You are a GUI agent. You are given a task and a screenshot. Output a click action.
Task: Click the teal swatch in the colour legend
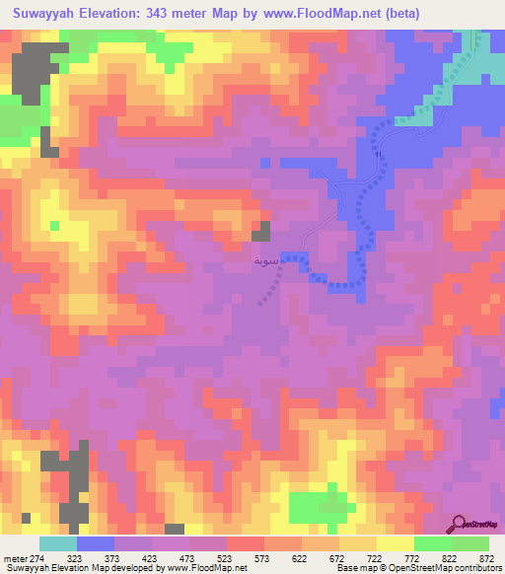coord(57,543)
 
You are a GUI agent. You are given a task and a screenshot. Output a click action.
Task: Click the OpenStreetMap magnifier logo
coord(461,524)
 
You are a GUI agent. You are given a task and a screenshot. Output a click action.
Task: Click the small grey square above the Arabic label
coord(261,232)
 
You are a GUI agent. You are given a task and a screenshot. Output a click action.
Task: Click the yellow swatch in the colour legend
coord(395,543)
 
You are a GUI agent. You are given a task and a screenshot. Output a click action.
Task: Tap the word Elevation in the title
coord(110,14)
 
